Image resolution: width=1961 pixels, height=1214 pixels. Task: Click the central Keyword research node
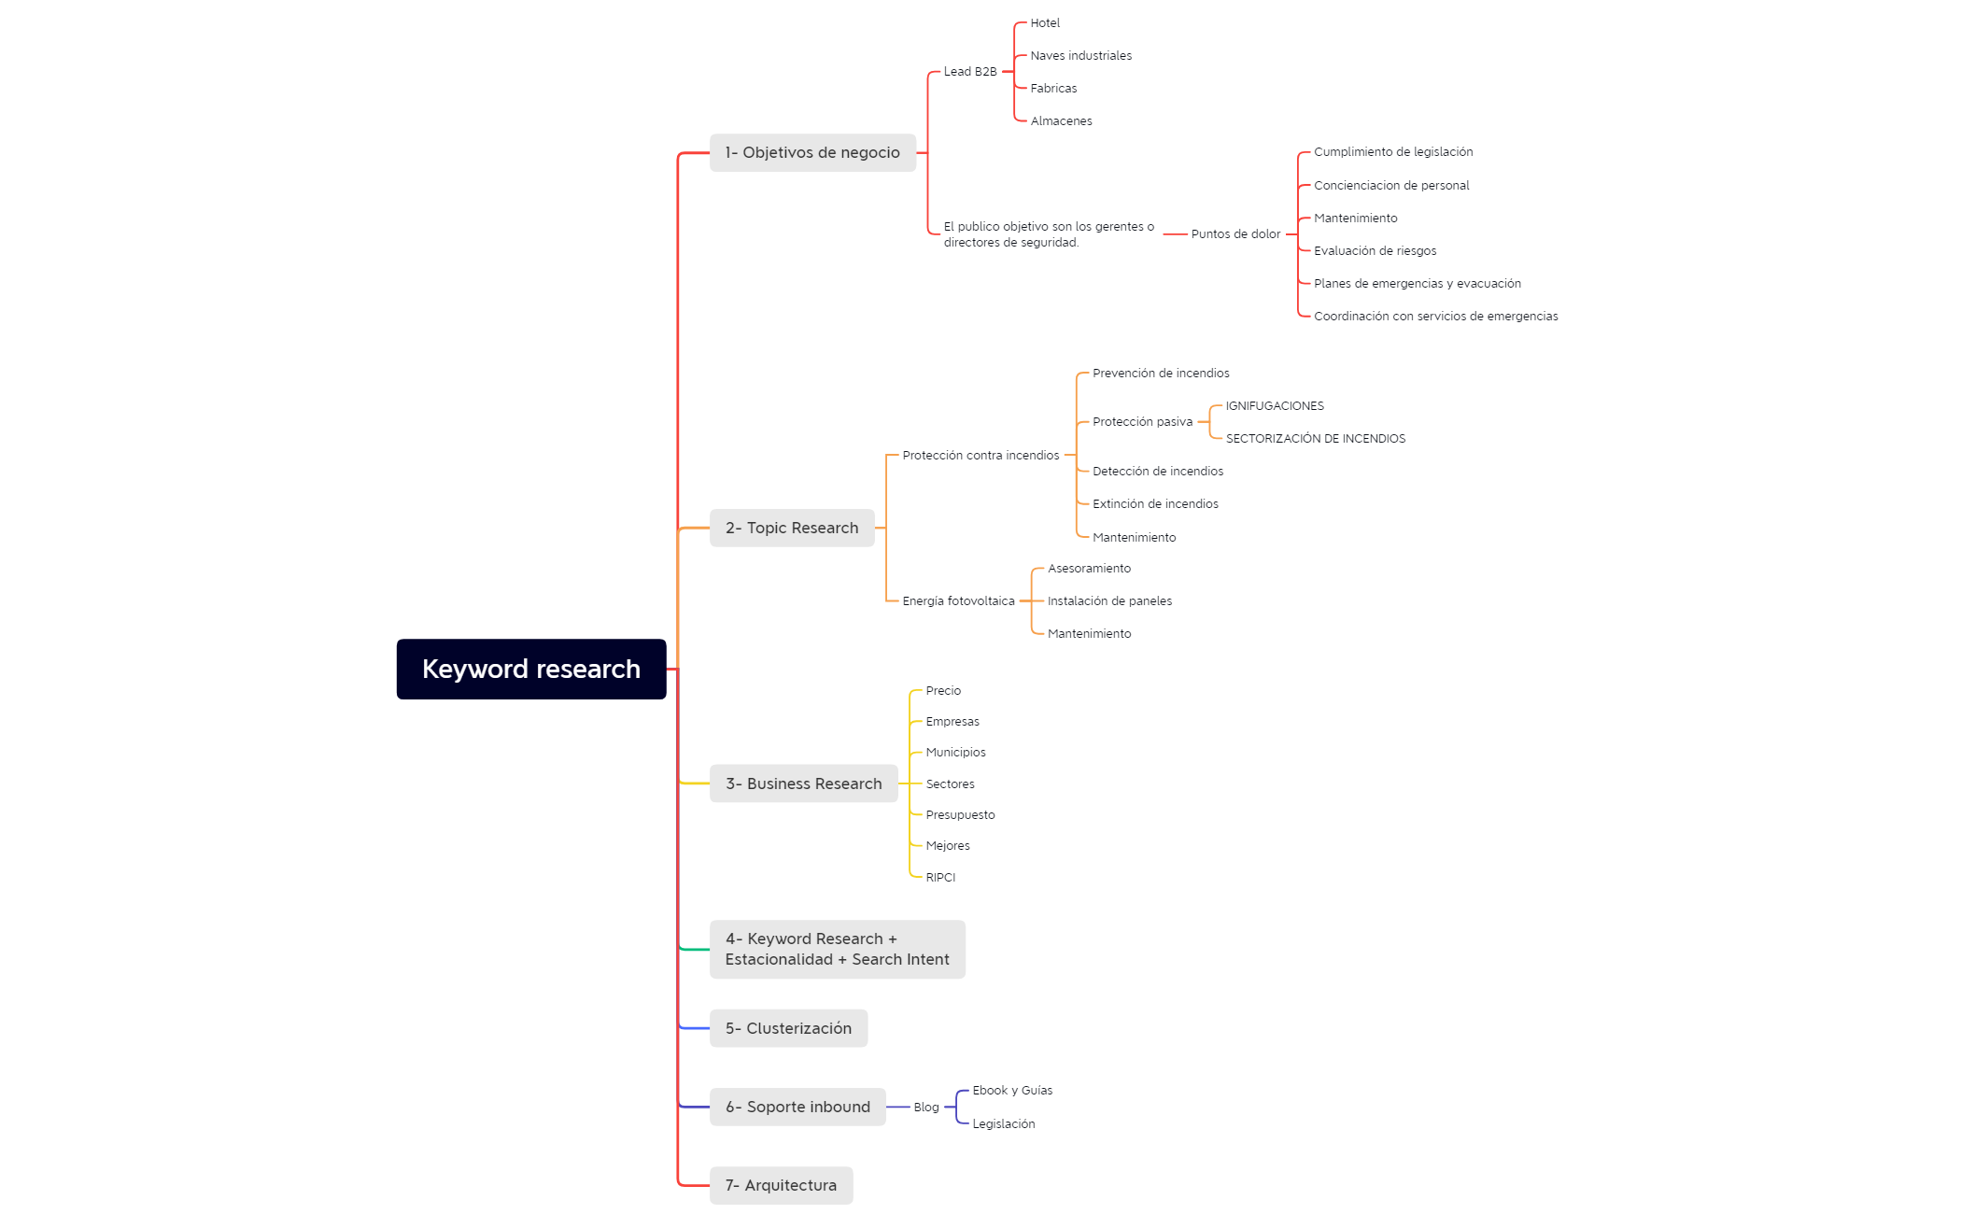(531, 669)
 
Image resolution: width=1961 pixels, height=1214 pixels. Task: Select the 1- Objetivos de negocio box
(812, 152)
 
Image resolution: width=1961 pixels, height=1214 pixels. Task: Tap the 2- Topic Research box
(792, 528)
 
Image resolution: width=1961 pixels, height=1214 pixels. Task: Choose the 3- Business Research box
(804, 783)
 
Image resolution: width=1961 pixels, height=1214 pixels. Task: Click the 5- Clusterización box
(788, 1028)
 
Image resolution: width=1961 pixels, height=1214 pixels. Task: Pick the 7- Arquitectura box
(781, 1185)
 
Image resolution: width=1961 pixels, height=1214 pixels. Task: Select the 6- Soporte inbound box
(797, 1107)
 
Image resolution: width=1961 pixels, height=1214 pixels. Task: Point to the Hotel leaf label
(1045, 23)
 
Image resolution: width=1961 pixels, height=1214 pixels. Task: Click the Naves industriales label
(1081, 56)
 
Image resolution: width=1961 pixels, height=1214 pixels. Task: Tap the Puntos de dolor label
(1235, 234)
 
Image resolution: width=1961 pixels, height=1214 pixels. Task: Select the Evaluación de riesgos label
(1376, 251)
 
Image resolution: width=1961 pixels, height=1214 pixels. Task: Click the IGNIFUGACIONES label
(1275, 406)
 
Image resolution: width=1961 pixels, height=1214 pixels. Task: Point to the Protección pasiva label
(1143, 422)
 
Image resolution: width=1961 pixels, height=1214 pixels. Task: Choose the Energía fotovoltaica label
(958, 601)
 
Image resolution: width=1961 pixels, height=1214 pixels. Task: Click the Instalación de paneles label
(1109, 601)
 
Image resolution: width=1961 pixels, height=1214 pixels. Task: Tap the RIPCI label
(940, 878)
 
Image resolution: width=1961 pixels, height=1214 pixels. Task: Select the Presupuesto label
(960, 815)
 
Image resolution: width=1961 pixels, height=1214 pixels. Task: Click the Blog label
(926, 1108)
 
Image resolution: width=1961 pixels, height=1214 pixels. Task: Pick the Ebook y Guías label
(1012, 1091)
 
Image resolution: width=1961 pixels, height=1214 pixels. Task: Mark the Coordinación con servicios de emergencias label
(1436, 317)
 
